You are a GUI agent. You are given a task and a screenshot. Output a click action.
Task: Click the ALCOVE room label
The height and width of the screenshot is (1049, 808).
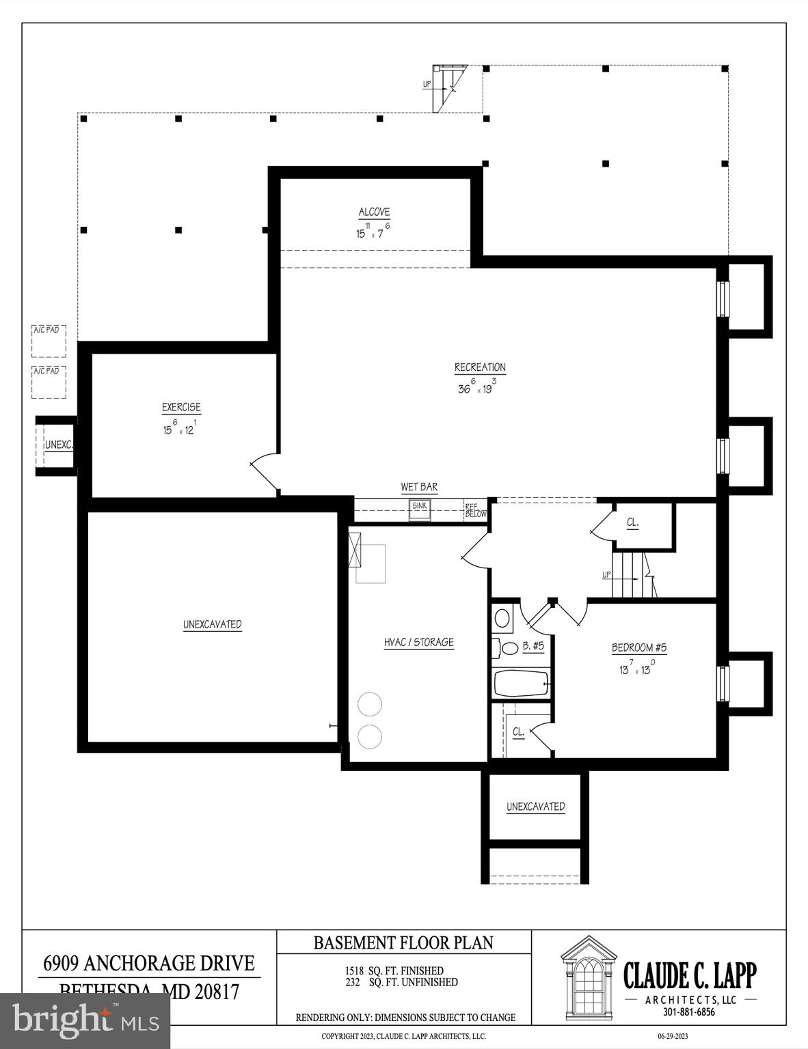coord(374,212)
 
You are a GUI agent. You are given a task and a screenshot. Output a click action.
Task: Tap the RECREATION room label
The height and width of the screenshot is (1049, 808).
coord(480,367)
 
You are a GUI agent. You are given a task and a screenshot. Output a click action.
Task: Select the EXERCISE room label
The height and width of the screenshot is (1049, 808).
coord(181,407)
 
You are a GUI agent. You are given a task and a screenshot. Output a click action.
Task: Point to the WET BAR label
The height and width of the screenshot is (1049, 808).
coord(419,487)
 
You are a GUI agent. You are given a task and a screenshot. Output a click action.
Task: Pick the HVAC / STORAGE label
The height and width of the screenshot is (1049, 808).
coord(418,642)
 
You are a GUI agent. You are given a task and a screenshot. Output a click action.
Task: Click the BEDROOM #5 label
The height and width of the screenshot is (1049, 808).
coord(638,647)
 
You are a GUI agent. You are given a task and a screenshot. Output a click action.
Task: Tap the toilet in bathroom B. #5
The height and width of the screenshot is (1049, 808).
coord(507,647)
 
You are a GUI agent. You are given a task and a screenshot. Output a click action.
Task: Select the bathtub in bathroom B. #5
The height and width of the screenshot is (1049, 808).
coord(521,682)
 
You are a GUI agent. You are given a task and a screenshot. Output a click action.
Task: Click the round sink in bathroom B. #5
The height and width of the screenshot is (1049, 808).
coord(502,619)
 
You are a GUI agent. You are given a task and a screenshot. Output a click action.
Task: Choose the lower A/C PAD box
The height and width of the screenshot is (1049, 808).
coord(49,382)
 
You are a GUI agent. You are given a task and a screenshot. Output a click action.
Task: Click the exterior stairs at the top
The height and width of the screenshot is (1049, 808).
coord(449,87)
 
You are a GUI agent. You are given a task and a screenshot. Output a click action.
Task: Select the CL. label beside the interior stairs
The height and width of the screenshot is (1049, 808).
coord(633,522)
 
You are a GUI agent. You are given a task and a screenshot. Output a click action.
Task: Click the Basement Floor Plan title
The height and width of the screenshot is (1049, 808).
coord(403,942)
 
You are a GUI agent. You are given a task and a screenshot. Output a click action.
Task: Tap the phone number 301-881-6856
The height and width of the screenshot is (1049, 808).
coord(689,1012)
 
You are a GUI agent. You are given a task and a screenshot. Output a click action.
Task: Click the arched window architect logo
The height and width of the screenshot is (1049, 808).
coord(589,973)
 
